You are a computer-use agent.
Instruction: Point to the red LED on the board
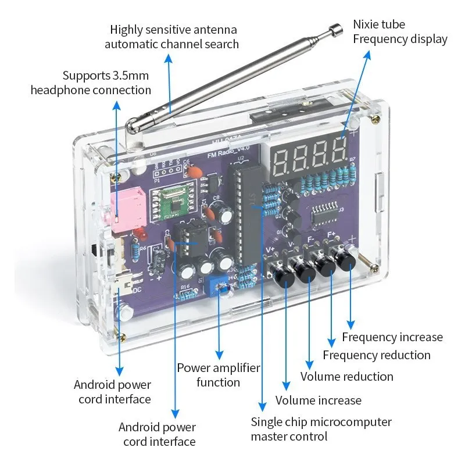(x=139, y=235)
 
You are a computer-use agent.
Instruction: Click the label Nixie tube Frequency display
(x=400, y=32)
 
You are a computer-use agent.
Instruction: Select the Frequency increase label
(x=392, y=337)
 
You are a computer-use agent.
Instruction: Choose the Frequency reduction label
(x=377, y=355)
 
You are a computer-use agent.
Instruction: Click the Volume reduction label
(x=346, y=377)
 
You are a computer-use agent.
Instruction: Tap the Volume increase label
(x=318, y=400)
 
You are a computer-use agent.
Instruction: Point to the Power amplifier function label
(x=218, y=375)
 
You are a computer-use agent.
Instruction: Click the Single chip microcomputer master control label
(x=321, y=429)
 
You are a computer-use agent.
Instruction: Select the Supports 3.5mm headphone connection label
(x=91, y=83)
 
